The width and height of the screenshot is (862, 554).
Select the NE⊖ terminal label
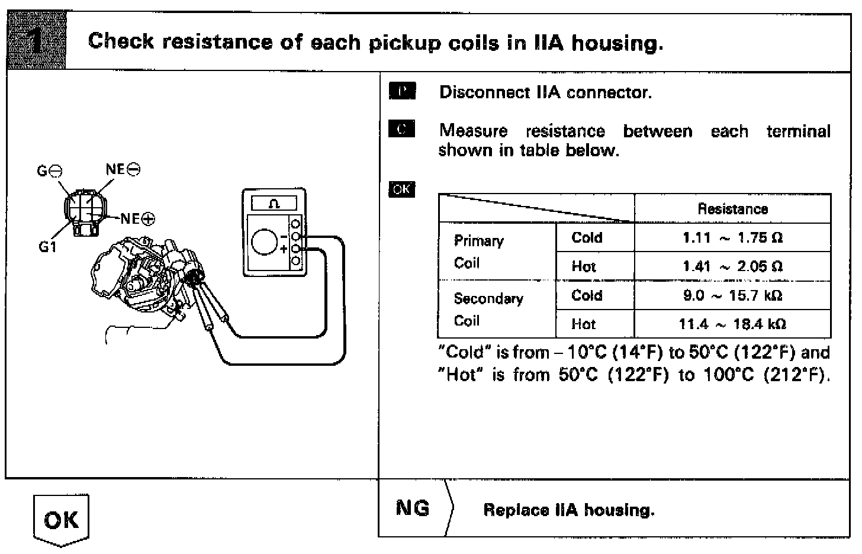[123, 169]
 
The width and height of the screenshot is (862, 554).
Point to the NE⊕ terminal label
[138, 219]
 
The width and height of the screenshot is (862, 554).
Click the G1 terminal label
[47, 247]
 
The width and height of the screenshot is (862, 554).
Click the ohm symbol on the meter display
[274, 204]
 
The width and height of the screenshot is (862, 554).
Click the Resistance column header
[732, 209]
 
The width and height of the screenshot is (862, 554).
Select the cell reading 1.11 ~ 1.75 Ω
[732, 238]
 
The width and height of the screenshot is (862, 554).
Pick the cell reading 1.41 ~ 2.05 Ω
[732, 266]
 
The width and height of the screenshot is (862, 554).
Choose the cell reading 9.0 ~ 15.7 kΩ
[732, 295]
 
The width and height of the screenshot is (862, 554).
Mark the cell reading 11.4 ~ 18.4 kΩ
[732, 324]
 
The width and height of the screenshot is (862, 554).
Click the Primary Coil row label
[478, 252]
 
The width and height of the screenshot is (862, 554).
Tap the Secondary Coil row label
[488, 310]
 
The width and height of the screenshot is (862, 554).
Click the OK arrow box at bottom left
[61, 520]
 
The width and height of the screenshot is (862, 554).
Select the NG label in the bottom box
[413, 508]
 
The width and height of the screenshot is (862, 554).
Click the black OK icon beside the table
[401, 189]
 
